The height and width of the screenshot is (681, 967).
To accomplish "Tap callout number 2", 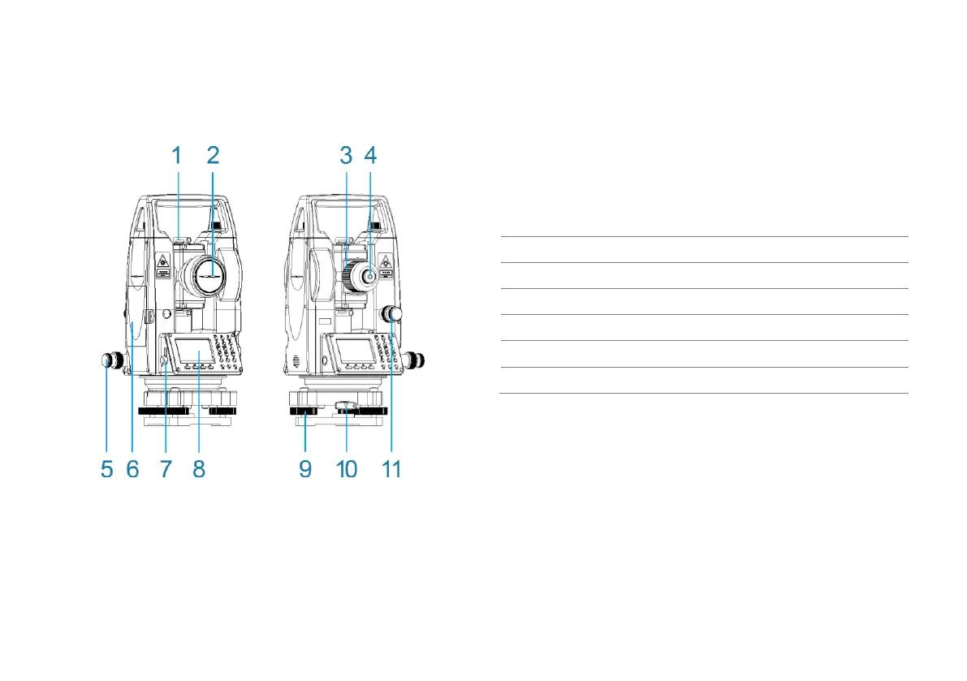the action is pos(213,153).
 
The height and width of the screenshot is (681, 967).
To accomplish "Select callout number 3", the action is pos(345,153).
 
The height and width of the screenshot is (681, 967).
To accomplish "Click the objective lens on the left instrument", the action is pos(210,276).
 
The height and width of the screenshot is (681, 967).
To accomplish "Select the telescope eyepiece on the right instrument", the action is pos(370,276).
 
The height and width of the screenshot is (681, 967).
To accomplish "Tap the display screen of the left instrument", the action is pos(195,352).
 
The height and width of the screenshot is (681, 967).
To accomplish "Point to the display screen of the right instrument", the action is pos(354,352).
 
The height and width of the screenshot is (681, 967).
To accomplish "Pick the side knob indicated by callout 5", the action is pos(109,361).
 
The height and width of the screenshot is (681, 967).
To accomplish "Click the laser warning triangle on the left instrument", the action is pos(162,261).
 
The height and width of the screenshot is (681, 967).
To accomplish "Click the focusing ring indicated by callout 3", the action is pos(351,276).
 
